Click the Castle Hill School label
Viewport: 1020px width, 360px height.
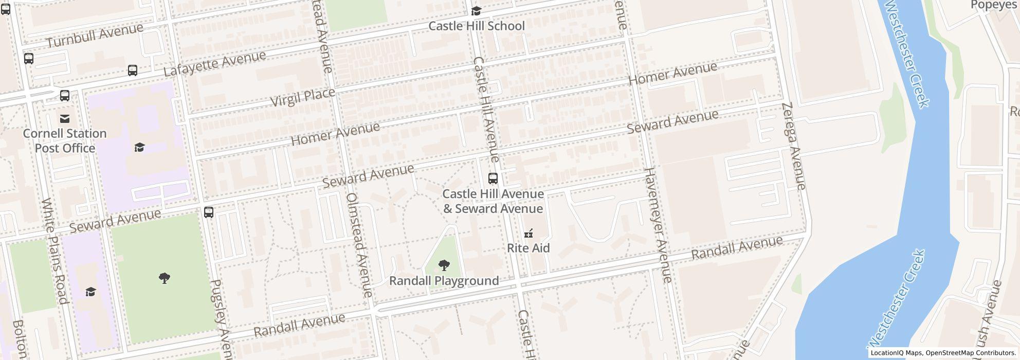coord(477,26)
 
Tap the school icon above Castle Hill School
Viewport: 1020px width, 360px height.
coord(477,11)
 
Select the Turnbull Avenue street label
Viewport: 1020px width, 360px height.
coord(95,35)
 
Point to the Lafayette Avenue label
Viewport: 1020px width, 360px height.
coord(215,64)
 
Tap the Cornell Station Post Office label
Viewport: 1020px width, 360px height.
coord(65,141)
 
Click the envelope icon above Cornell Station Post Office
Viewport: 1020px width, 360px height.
coord(65,119)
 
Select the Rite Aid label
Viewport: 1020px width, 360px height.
coord(529,248)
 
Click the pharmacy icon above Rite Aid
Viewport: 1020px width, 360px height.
coord(528,234)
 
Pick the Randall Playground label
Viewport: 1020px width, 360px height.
coord(444,281)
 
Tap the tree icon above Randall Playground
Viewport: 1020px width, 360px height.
coord(444,265)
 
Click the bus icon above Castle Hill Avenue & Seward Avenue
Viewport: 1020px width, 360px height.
coord(493,178)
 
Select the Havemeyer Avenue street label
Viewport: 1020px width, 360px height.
coord(658,225)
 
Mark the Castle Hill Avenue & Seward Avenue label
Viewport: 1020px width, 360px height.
coord(493,201)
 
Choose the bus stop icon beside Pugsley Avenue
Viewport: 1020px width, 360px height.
coord(209,212)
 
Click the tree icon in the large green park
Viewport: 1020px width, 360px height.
coord(165,278)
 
